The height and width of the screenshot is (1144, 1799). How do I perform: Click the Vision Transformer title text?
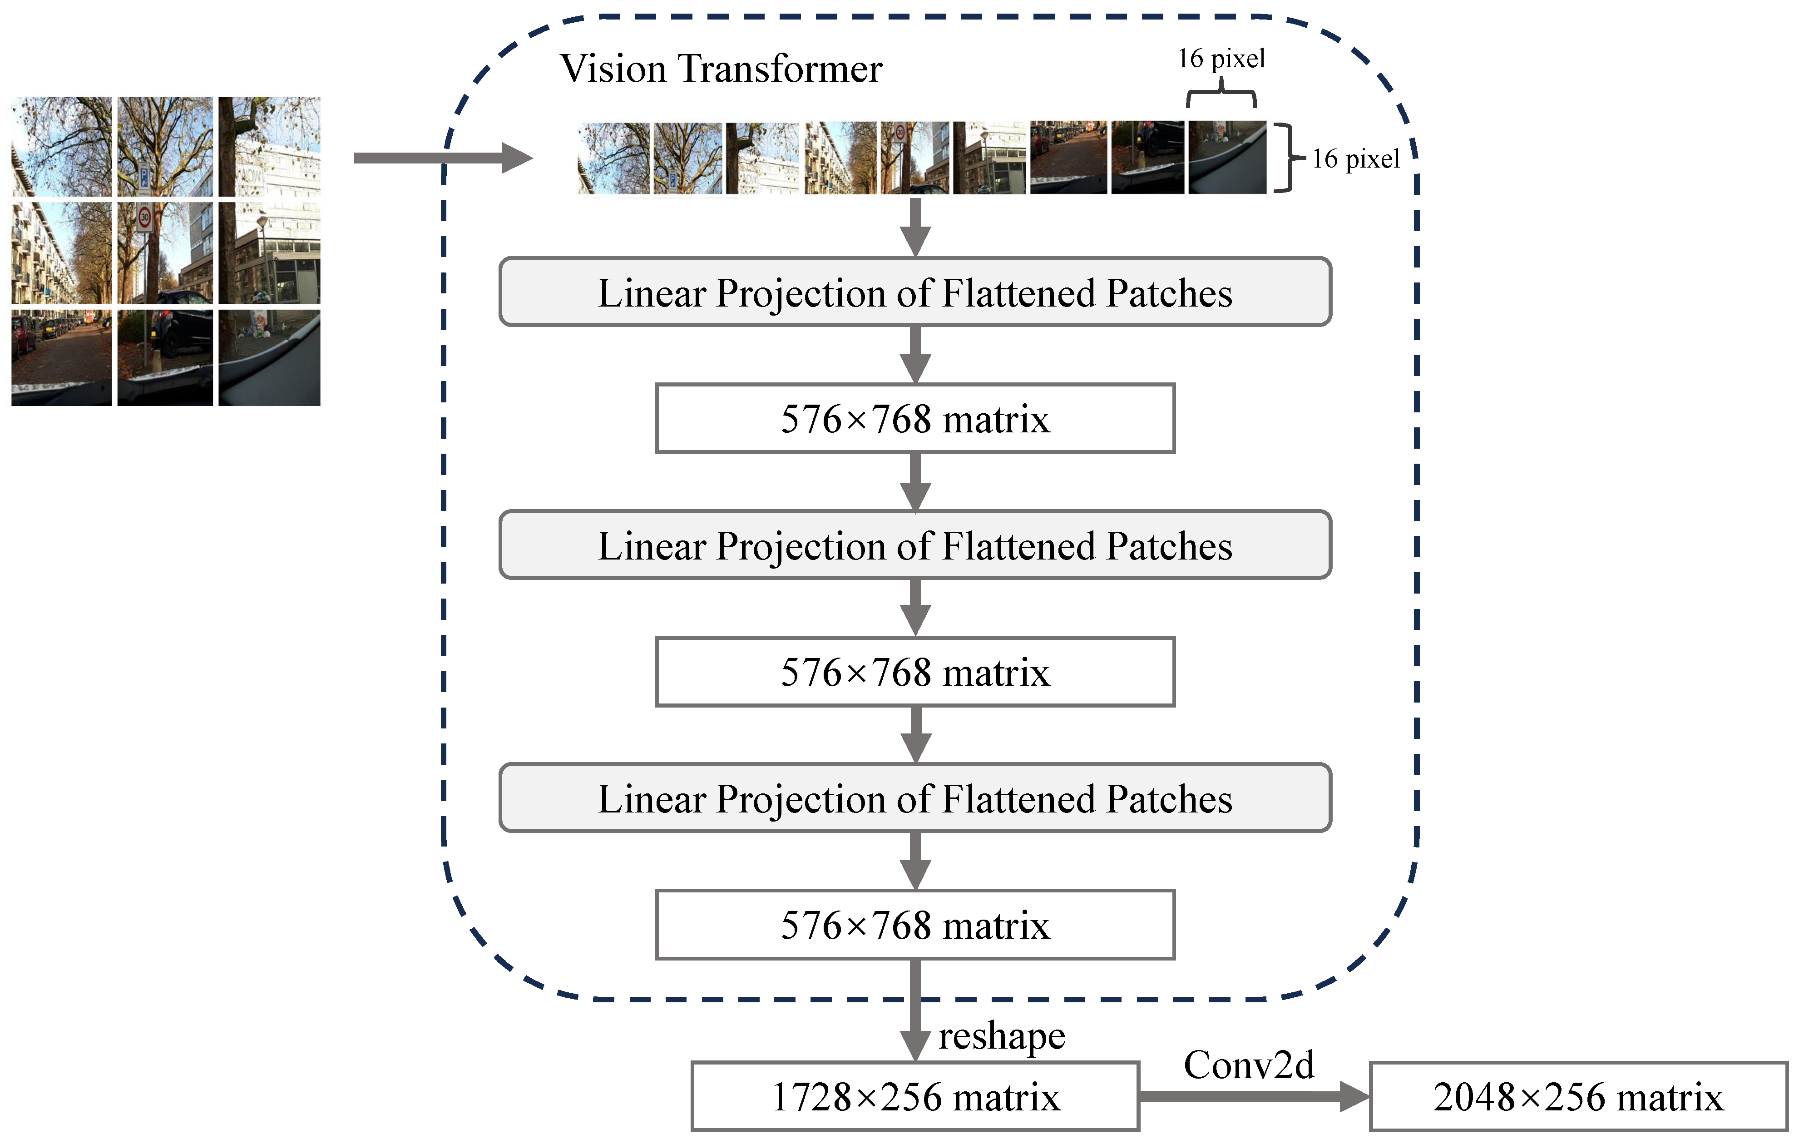(x=721, y=69)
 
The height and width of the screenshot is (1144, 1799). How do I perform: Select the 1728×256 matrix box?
(x=915, y=1096)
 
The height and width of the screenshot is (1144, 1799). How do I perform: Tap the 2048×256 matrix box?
(x=1578, y=1096)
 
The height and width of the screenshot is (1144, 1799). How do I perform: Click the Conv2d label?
(x=1248, y=1065)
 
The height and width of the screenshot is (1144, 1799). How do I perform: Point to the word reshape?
(x=1002, y=1035)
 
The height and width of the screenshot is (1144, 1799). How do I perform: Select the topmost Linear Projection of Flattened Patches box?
(x=915, y=292)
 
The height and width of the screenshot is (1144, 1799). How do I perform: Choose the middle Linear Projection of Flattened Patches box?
(x=915, y=545)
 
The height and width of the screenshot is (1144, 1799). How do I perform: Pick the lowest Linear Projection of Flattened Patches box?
(x=915, y=797)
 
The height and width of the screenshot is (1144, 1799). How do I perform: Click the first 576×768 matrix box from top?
(x=915, y=418)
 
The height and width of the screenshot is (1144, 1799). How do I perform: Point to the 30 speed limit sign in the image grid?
(x=145, y=218)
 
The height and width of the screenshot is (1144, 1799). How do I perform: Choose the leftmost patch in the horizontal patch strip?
(x=614, y=158)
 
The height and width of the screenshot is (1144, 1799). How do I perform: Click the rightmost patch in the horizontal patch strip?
(x=1227, y=158)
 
